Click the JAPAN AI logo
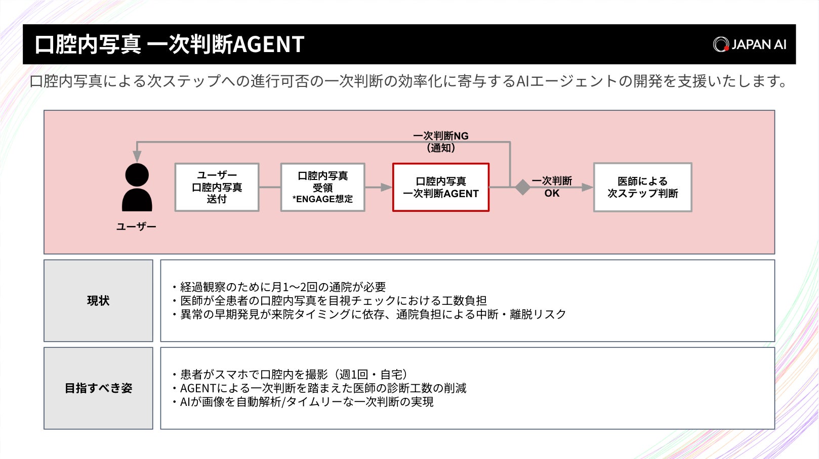[x=750, y=44]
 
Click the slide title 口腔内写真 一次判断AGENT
[x=169, y=44]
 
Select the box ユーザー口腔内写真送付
[x=217, y=187]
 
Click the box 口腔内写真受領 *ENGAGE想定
[x=322, y=187]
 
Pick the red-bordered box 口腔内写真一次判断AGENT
[x=440, y=187]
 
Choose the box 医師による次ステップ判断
[x=642, y=187]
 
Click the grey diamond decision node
[x=522, y=187]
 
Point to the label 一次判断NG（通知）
[x=440, y=142]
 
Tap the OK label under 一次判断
[x=552, y=194]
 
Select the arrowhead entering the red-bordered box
[x=387, y=187]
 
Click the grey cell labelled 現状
[x=98, y=301]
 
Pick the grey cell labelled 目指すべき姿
[x=98, y=388]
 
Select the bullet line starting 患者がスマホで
[x=290, y=375]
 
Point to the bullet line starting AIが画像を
[x=303, y=402]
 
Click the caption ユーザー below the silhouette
[x=136, y=226]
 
